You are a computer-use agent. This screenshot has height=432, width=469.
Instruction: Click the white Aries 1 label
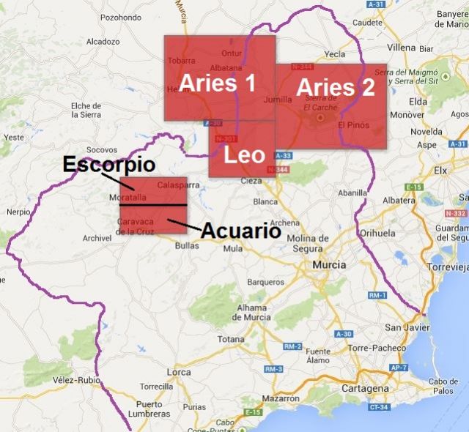pos(218,83)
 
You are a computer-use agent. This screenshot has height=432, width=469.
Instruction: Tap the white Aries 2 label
pos(336,87)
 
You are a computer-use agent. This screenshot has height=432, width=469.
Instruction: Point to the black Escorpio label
pos(108,164)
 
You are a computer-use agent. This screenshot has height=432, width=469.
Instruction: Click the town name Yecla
pos(335,53)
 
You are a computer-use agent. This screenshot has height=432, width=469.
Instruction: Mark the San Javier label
pos(403,327)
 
